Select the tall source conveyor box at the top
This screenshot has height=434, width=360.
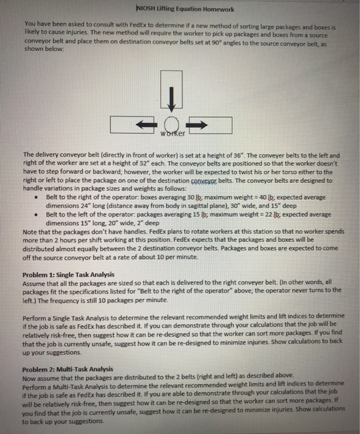click(176, 91)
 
